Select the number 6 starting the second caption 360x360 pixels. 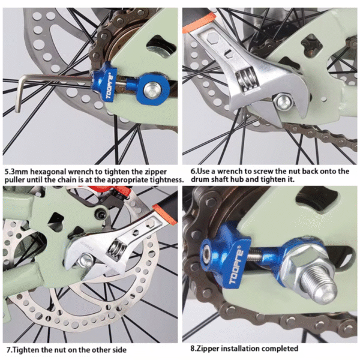pyautogui.click(x=193, y=171)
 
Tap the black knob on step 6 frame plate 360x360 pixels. pyautogui.click(x=310, y=44)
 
